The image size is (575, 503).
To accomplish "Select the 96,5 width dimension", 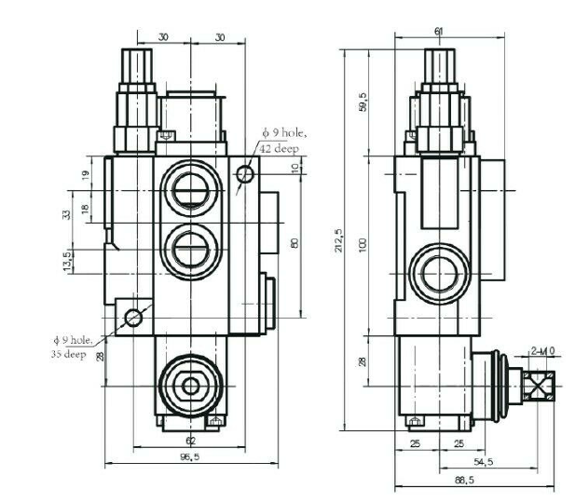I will point(190,457).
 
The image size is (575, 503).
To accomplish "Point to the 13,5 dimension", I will point(66,260).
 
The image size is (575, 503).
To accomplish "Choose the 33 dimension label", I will point(66,213).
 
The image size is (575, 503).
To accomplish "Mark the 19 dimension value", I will point(85,174).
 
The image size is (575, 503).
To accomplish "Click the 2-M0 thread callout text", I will point(541,351).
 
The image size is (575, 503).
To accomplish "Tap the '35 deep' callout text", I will point(68,355).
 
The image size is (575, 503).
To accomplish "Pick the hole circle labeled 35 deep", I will point(133,318).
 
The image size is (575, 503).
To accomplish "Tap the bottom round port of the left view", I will point(191,385).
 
